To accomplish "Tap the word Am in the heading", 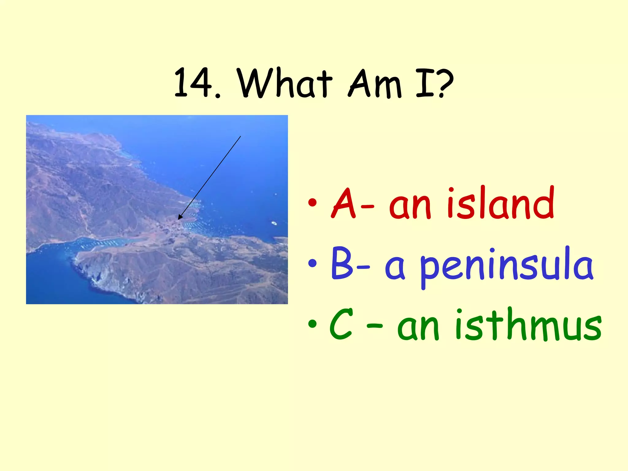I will click(x=375, y=83).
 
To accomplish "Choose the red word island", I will click(x=500, y=203).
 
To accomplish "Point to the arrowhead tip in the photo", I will click(x=179, y=219).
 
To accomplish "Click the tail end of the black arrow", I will click(x=240, y=136).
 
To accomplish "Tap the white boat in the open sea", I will click(x=274, y=223).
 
